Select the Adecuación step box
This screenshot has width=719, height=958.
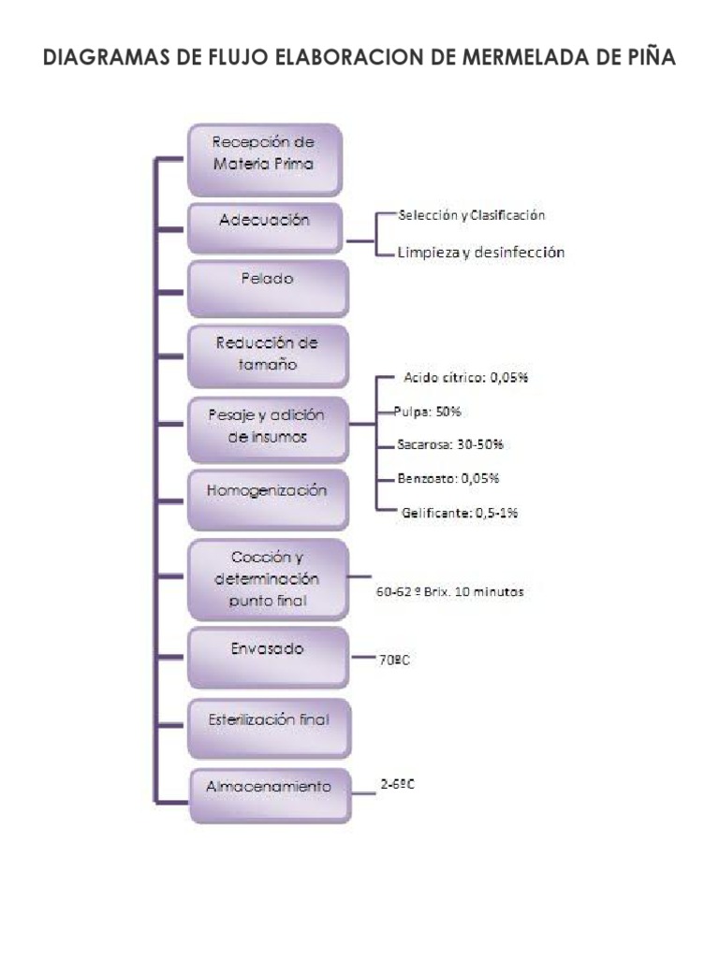265,224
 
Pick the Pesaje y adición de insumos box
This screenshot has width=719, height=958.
267,427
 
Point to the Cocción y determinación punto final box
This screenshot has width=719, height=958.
267,579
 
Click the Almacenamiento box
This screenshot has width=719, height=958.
269,789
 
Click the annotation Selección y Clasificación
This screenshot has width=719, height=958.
471,215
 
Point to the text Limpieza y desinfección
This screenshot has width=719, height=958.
480,253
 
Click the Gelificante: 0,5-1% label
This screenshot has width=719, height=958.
460,513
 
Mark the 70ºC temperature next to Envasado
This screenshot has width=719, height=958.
394,660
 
